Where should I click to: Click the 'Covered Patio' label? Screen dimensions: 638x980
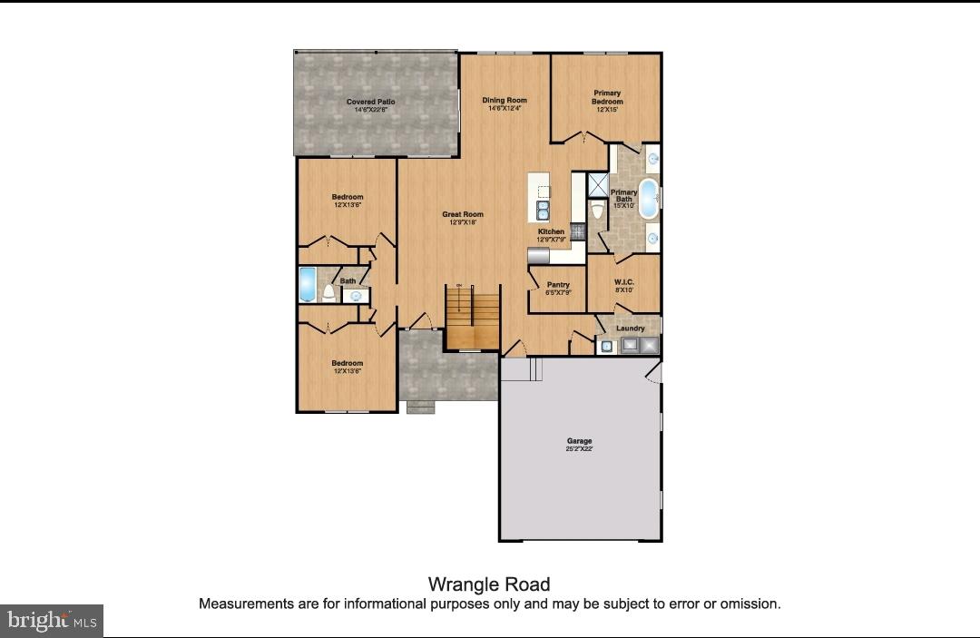370,102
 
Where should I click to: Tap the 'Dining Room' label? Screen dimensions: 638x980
505,100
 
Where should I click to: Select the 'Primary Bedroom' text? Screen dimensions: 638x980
607,97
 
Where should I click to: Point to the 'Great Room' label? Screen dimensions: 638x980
463,214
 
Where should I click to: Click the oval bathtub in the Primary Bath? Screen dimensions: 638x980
648,200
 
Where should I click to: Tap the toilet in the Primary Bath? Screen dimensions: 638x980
597,210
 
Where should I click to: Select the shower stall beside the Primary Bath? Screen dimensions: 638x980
598,184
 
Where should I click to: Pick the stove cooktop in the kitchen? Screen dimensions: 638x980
575,231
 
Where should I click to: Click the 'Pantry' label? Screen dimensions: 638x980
558,285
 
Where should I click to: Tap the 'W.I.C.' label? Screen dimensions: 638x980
624,282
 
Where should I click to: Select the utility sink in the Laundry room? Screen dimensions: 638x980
606,346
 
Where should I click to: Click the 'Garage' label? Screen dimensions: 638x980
580,441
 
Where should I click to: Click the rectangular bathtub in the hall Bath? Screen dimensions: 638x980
307,285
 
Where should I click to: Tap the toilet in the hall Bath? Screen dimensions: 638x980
328,292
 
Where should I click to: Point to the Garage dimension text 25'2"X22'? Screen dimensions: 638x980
580,449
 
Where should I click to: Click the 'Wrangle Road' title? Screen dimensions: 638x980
489,584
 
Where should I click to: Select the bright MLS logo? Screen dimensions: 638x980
52,621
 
